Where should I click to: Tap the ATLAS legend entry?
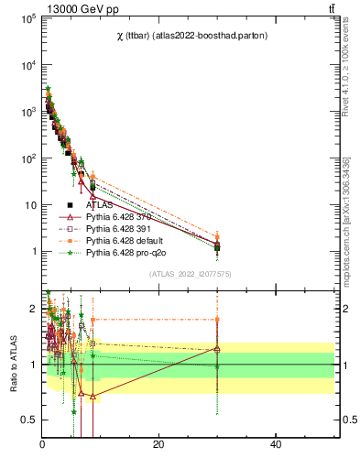pos(99,205)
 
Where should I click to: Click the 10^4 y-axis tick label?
pos(27,65)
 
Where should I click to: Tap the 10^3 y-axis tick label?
pos(27,112)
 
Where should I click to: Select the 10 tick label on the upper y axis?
pos(28,204)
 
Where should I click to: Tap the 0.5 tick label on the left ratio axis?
pos(27,420)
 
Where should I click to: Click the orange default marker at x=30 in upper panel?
pos(217,236)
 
